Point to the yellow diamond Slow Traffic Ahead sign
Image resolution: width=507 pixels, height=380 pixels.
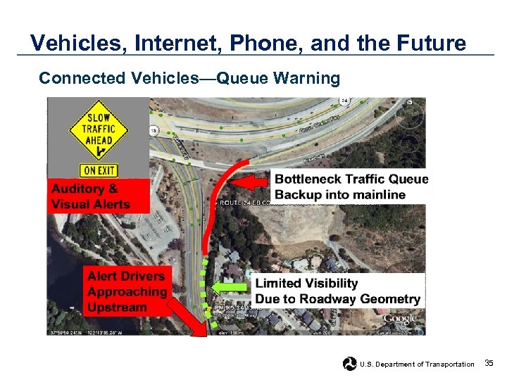point(98,131)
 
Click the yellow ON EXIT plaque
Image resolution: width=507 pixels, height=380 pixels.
point(98,170)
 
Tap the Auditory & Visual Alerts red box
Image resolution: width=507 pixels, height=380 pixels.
point(99,196)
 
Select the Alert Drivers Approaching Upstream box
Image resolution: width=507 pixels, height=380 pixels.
point(127,291)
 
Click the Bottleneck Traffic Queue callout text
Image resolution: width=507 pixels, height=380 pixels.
point(351,186)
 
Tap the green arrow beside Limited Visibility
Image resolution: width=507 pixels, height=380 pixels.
point(232,287)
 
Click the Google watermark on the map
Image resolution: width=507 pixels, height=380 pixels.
point(399,320)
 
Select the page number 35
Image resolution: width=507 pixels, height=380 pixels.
point(489,363)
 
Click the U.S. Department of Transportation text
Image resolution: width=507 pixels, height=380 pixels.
point(417,364)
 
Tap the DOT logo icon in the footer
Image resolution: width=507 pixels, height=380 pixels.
point(349,363)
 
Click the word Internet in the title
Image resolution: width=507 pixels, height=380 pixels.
point(182,44)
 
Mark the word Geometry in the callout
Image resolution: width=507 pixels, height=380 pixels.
point(390,299)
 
